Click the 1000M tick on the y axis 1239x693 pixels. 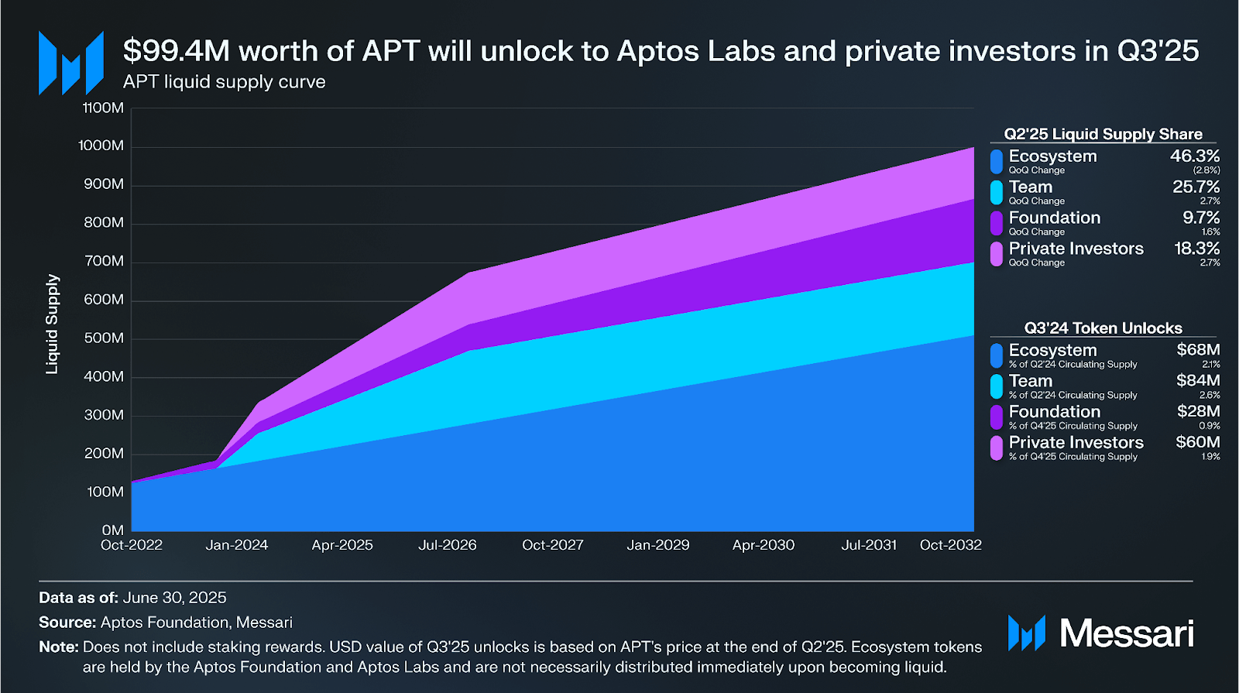point(101,146)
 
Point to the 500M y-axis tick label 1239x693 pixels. point(103,338)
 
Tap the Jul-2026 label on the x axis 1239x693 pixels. point(448,545)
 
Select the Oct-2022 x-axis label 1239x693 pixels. point(132,545)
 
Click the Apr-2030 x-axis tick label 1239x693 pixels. point(764,545)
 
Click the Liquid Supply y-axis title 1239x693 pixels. point(52,324)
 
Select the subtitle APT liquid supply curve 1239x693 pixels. point(224,82)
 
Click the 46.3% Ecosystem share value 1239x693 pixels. point(1195,156)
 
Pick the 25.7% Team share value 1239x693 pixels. point(1196,187)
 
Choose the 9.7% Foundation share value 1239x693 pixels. point(1201,218)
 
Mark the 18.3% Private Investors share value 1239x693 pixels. point(1196,249)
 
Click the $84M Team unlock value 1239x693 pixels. point(1198,381)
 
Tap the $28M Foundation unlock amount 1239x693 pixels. point(1198,412)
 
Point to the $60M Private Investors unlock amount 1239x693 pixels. point(1197,443)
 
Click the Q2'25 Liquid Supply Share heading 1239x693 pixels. point(1103,134)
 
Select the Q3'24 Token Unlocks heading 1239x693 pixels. point(1103,328)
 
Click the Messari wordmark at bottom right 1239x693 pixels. point(1126,633)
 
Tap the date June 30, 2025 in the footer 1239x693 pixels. point(174,598)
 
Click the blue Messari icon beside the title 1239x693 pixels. point(71,63)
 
